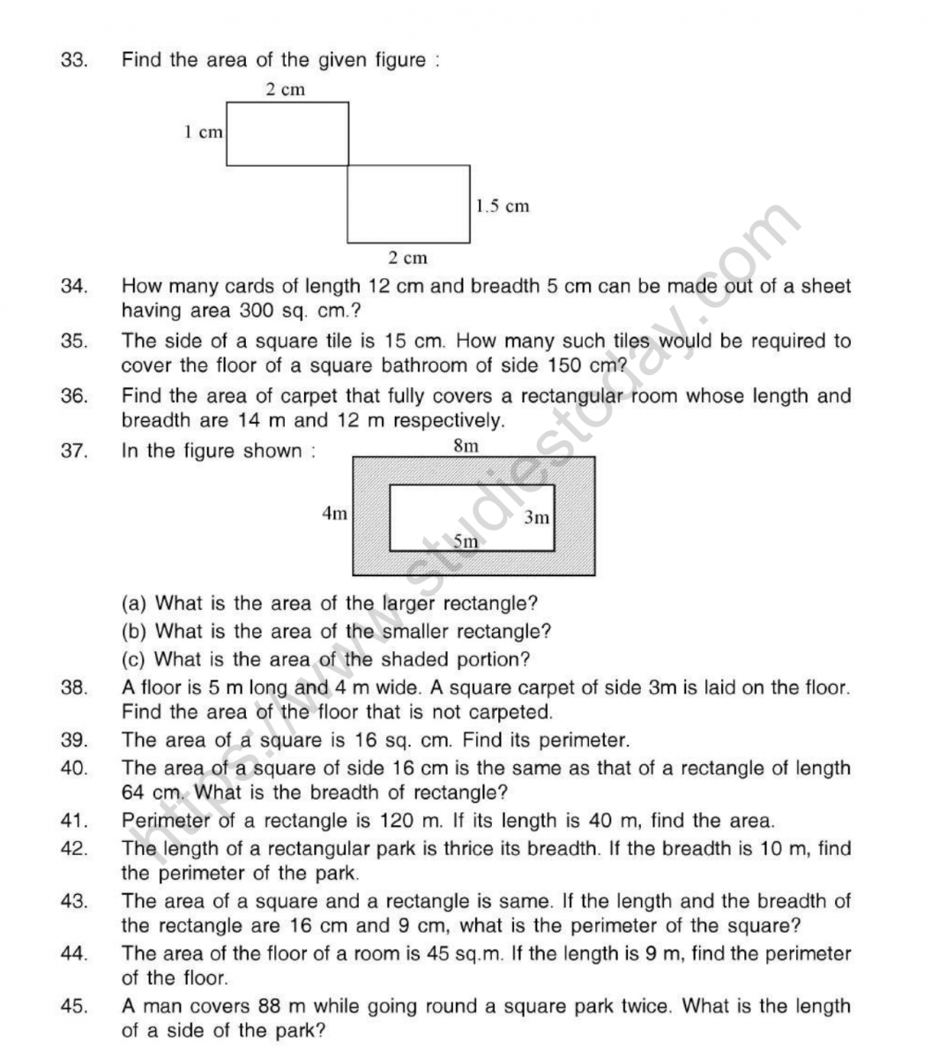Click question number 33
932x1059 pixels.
point(73,61)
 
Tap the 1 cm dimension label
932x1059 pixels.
point(203,132)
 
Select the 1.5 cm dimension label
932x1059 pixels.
point(503,207)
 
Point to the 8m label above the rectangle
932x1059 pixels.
point(466,447)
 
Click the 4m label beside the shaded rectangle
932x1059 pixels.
point(335,513)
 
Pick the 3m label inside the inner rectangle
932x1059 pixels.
point(536,518)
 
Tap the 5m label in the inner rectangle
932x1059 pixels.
point(465,541)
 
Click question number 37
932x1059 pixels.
point(73,451)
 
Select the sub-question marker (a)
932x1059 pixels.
point(133,604)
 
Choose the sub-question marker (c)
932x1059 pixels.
point(133,659)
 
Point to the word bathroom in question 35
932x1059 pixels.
point(493,365)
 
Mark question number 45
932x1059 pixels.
point(73,1006)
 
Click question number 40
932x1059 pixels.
point(73,769)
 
